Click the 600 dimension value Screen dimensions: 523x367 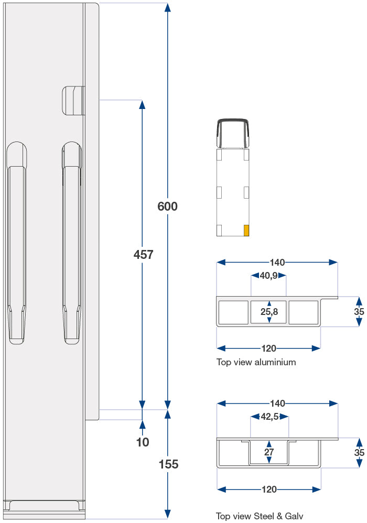[168, 206]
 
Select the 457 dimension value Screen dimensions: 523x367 [143, 255]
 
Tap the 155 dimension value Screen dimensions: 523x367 [168, 464]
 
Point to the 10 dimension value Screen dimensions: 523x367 [143, 442]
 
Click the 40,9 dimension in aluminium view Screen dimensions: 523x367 [268, 275]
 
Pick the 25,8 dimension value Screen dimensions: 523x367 [269, 312]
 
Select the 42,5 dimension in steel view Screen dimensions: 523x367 [269, 417]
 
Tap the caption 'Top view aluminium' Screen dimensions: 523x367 [256, 362]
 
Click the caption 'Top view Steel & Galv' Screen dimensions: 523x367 [260, 516]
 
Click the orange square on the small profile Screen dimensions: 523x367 [246, 230]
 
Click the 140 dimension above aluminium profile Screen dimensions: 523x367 [277, 262]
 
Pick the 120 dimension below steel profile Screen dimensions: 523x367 [268, 489]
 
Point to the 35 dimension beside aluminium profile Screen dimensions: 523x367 [359, 312]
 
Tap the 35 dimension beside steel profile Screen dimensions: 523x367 [359, 452]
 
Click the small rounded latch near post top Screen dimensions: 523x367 [73, 100]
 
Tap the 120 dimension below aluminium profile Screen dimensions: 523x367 [268, 348]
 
